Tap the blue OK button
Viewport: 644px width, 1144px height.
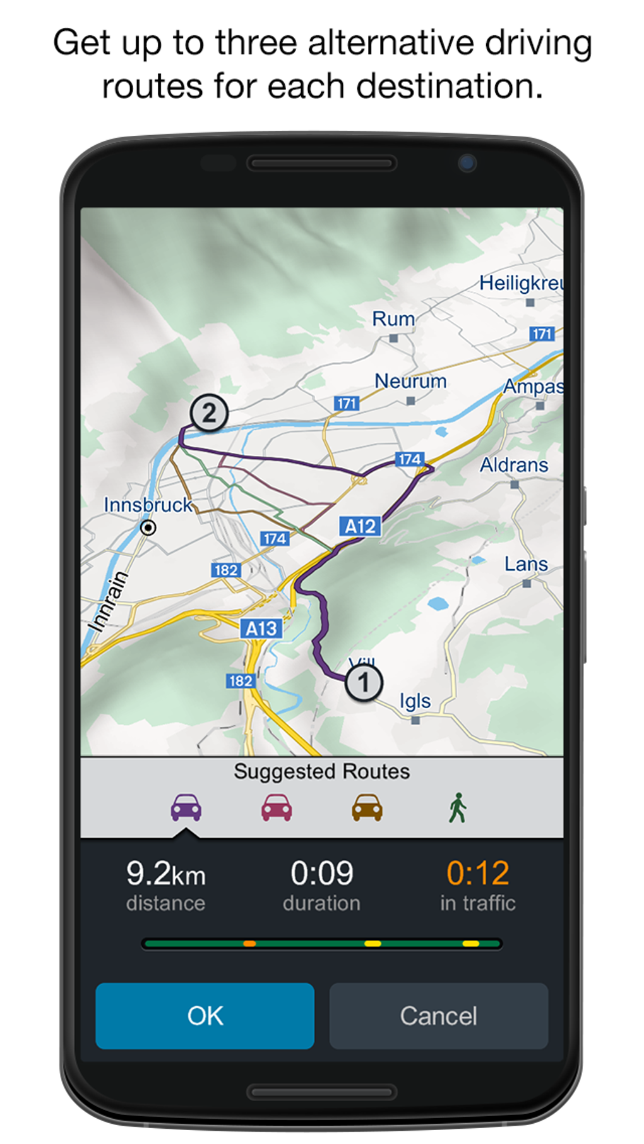tap(205, 1015)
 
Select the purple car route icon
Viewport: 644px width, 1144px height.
tap(186, 808)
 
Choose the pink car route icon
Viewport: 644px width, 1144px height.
tap(277, 808)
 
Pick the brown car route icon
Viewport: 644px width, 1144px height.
tap(367, 808)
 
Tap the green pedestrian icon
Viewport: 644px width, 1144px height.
tap(458, 808)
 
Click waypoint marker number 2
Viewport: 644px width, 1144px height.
tap(209, 413)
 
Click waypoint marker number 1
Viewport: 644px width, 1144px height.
tap(364, 683)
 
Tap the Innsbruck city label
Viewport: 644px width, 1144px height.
tap(148, 505)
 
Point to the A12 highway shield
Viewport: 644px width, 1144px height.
tap(360, 526)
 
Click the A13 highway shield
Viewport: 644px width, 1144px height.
tap(261, 629)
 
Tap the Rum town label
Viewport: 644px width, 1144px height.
tap(393, 319)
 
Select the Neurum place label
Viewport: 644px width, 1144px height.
tap(410, 382)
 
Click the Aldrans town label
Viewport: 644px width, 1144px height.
tap(514, 466)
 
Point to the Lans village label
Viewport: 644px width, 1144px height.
tap(525, 564)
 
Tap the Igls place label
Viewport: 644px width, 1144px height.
tap(415, 701)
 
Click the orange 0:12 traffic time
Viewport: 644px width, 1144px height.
tap(477, 874)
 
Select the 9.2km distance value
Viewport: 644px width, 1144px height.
tap(165, 874)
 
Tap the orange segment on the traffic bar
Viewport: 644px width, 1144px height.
tap(249, 944)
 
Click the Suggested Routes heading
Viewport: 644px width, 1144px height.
tap(321, 771)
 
